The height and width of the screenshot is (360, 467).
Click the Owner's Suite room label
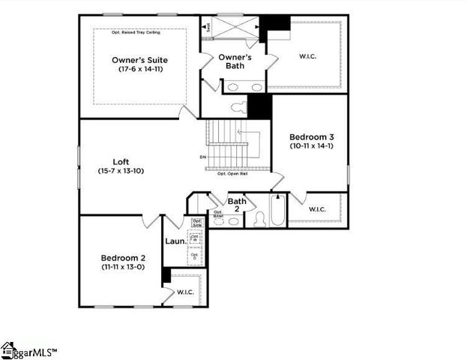[x=139, y=59]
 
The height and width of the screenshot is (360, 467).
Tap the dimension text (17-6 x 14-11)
[x=139, y=69]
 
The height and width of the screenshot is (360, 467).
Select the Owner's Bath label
[x=235, y=61]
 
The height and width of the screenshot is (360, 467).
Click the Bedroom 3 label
[x=310, y=136]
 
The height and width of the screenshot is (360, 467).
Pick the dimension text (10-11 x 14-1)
[x=310, y=146]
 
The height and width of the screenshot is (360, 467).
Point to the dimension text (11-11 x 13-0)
[x=123, y=267]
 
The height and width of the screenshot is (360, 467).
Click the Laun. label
[x=175, y=241]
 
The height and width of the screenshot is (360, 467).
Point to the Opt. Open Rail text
[x=232, y=174]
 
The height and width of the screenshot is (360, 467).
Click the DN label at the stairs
[x=202, y=157]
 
